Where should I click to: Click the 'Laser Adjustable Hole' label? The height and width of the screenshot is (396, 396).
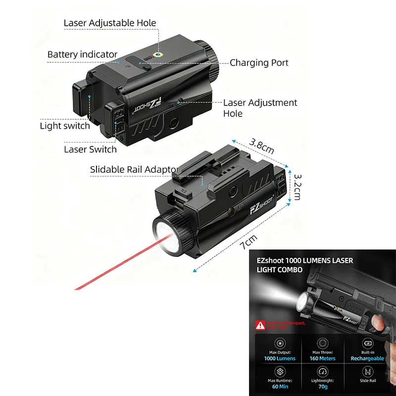tap(110, 23)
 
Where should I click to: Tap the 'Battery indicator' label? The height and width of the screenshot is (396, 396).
tap(82, 54)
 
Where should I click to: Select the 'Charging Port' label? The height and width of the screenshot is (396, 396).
tap(259, 63)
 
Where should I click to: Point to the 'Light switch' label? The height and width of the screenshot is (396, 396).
tap(65, 126)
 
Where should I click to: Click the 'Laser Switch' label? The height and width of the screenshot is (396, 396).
tap(90, 149)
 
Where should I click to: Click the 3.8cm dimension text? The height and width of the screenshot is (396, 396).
tap(262, 147)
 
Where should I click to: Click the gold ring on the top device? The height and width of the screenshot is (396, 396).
tap(157, 55)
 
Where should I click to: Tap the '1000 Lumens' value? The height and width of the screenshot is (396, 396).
tap(280, 358)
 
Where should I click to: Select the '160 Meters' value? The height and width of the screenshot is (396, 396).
tap(323, 358)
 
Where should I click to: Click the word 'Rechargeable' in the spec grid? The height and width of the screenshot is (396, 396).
tap(367, 358)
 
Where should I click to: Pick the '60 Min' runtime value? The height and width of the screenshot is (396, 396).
tap(280, 387)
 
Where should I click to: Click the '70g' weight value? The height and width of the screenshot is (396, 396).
tap(323, 387)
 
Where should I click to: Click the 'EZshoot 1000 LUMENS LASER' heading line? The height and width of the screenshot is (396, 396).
tap(304, 260)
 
